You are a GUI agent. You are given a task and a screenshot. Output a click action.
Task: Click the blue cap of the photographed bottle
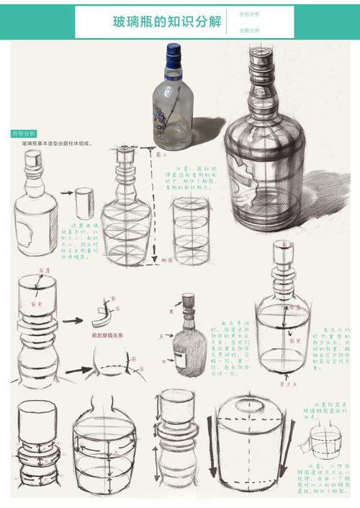click(173, 54)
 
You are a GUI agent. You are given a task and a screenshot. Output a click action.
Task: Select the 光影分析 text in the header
click(249, 30)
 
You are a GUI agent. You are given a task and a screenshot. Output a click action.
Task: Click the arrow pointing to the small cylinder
click(65, 193)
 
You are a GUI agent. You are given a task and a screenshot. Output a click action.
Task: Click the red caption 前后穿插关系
click(107, 335)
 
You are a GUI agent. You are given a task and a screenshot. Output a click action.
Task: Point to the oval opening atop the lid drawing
click(249, 410)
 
